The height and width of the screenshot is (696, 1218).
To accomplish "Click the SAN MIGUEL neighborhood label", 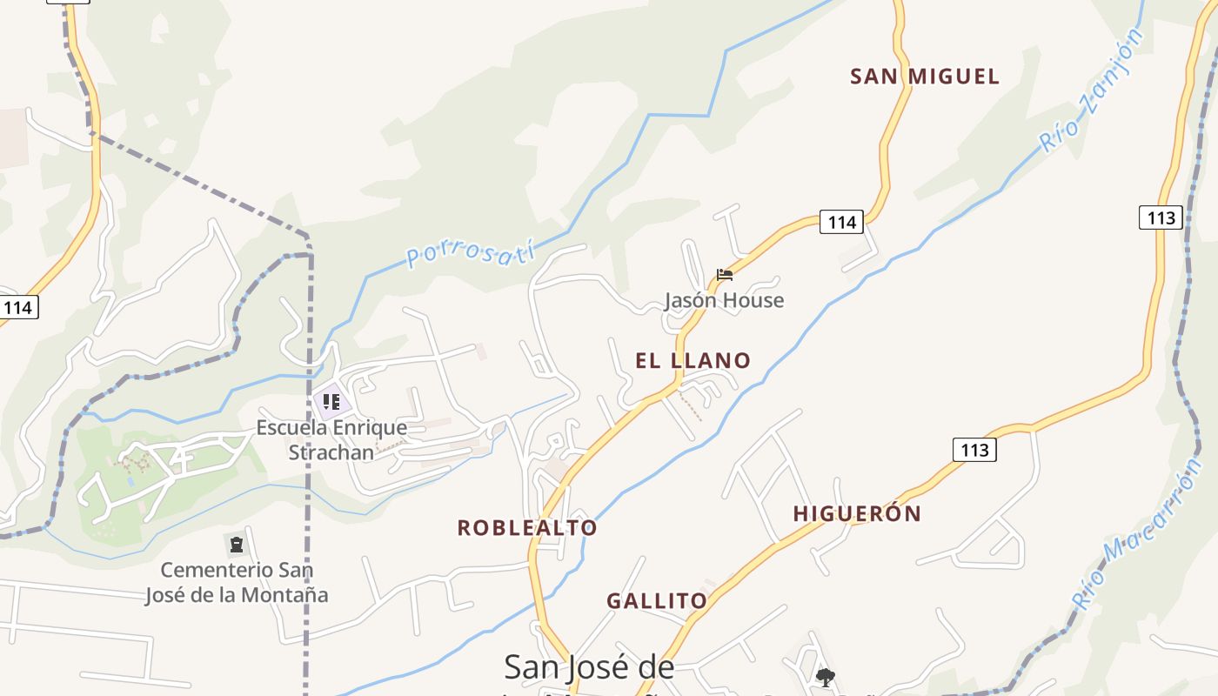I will (x=925, y=77).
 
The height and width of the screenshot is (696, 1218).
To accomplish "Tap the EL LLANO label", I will (x=693, y=360).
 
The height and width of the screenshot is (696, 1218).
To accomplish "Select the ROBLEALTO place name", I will (x=527, y=527).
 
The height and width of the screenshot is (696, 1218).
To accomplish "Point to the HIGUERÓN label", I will (x=857, y=513).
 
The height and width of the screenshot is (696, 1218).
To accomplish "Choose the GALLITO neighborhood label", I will (x=657, y=600).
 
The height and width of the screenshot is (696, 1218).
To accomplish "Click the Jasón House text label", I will (x=724, y=300).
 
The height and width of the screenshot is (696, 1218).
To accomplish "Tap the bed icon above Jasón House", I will (x=725, y=275).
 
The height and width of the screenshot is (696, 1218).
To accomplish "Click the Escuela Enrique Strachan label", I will (x=331, y=439).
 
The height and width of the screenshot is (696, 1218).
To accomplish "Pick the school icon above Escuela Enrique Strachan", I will (x=331, y=402).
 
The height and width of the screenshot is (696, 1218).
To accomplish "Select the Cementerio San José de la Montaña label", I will (x=237, y=582).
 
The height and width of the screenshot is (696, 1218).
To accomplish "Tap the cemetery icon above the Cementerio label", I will (x=237, y=545).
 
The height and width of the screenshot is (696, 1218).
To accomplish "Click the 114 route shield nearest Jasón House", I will (x=841, y=222).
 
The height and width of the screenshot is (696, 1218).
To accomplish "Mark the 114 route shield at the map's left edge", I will (x=17, y=307).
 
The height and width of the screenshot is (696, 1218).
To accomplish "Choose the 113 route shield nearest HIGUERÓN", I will (x=974, y=449).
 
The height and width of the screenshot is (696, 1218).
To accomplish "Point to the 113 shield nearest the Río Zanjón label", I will (x=1161, y=217).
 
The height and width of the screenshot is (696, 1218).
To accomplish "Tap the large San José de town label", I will (x=589, y=667).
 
